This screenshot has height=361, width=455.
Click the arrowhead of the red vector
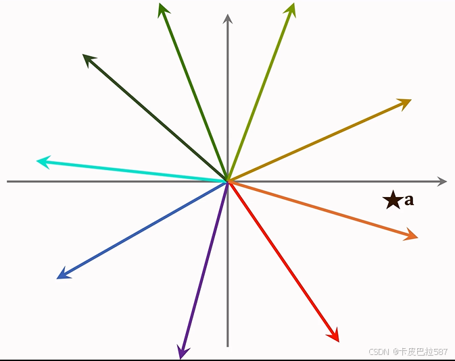(x=335, y=336)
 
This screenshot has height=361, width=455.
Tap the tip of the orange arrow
(x=412, y=235)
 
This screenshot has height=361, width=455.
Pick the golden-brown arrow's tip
(x=406, y=103)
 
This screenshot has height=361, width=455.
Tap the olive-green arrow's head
(x=292, y=9)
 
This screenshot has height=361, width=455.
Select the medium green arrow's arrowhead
(x=162, y=9)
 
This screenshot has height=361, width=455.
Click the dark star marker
(x=391, y=200)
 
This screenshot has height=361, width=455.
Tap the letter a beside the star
(x=409, y=200)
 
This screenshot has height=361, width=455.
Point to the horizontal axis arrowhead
(x=442, y=182)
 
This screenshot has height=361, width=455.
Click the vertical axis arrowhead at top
(x=228, y=18)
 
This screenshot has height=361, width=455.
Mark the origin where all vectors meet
(x=228, y=181)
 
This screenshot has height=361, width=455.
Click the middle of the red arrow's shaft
(x=283, y=260)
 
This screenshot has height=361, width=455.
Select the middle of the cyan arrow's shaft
(x=133, y=171)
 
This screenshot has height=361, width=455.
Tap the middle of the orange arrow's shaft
(x=322, y=209)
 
